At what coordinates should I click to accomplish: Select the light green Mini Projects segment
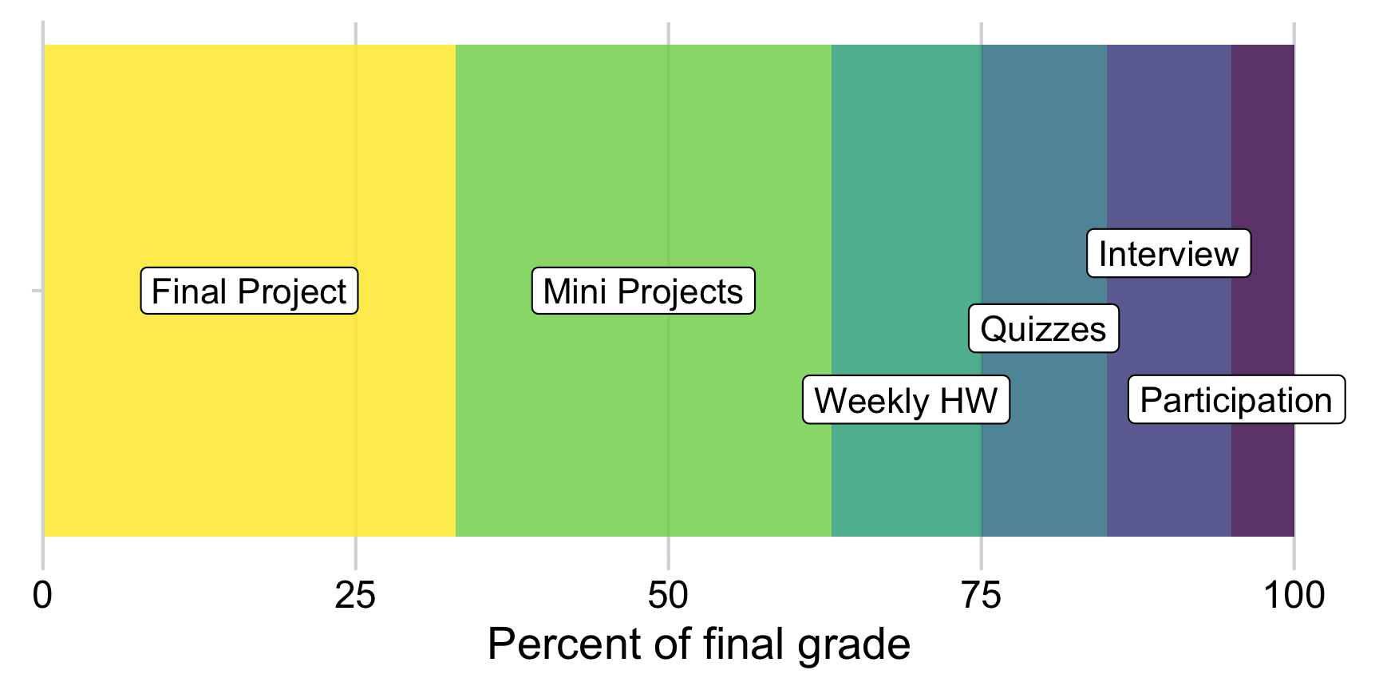(x=643, y=160)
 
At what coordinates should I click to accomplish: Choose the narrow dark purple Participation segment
(x=1262, y=160)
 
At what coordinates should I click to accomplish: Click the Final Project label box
(x=249, y=291)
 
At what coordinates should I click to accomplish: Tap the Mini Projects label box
(x=643, y=291)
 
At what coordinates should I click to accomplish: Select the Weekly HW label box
(x=906, y=400)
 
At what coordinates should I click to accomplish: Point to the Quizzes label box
(x=1043, y=329)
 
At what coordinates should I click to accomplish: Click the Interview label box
(x=1168, y=254)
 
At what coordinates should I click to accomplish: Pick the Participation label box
(x=1236, y=400)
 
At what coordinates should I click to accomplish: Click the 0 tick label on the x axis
(x=42, y=596)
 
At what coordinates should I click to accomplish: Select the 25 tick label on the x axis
(x=355, y=596)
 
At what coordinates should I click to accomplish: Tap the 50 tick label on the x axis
(x=668, y=596)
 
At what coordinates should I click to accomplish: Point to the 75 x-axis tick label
(x=981, y=596)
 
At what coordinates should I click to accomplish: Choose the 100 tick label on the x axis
(x=1294, y=596)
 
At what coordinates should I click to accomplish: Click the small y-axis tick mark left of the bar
(x=37, y=291)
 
